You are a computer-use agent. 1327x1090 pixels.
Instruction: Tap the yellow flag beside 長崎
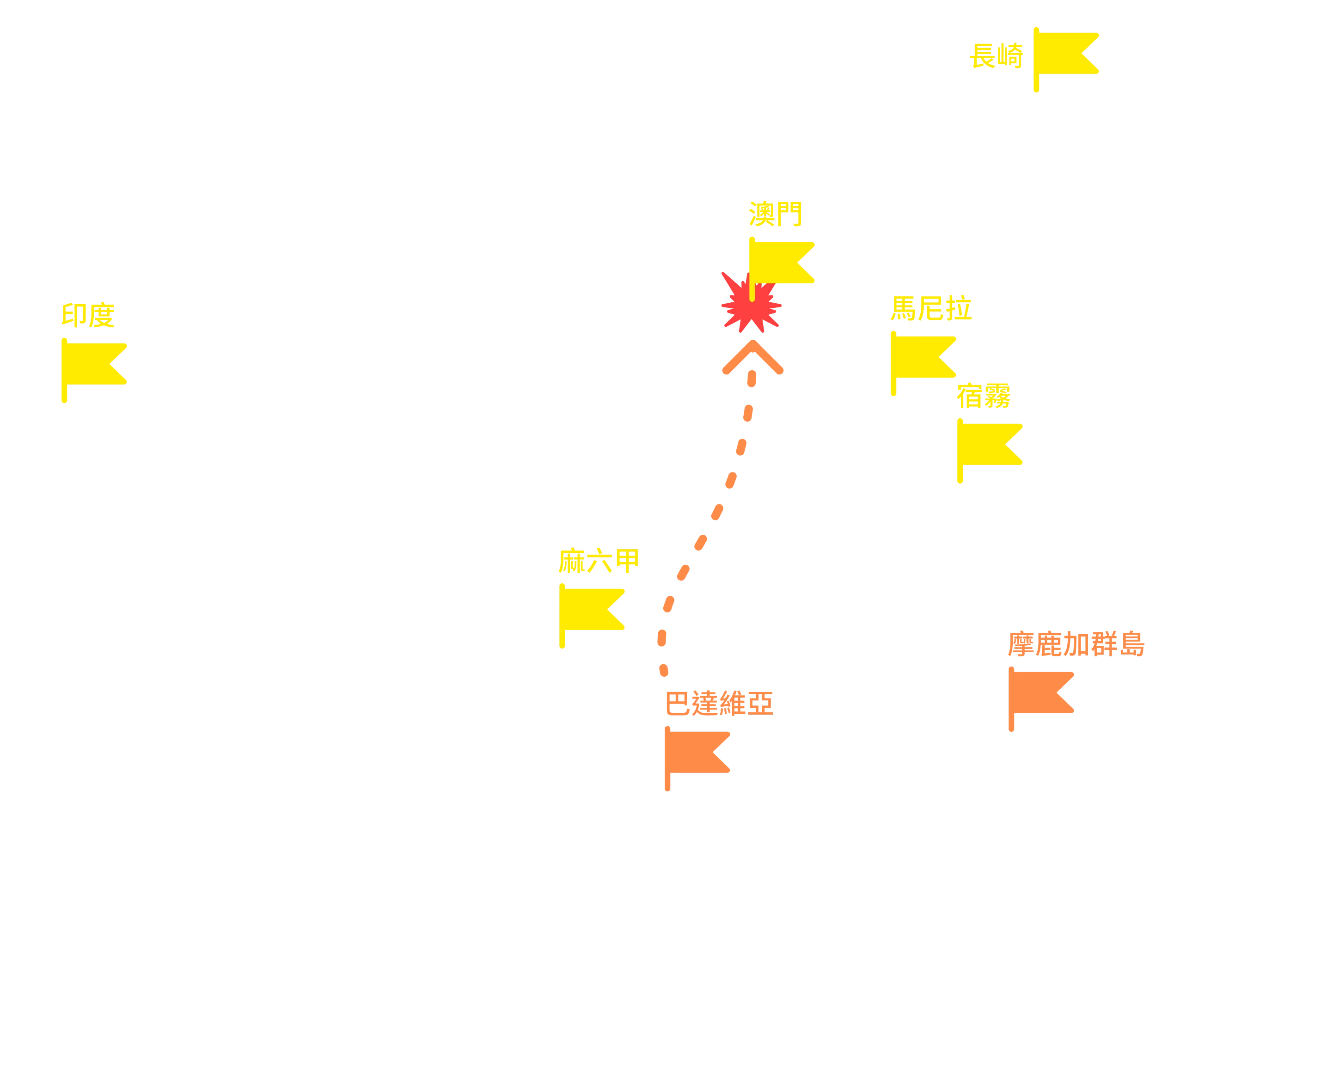tap(1065, 59)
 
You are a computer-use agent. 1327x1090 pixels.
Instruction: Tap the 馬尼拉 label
tap(931, 308)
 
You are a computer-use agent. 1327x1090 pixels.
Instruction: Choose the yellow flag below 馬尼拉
tap(923, 363)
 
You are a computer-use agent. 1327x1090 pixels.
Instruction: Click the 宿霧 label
tap(984, 396)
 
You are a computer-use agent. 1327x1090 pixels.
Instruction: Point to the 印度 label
tap(88, 315)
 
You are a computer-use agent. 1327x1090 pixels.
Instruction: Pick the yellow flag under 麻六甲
tap(591, 615)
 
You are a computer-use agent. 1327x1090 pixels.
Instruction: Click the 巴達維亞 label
tap(719, 703)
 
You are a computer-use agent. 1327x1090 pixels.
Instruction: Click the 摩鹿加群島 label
tap(1076, 644)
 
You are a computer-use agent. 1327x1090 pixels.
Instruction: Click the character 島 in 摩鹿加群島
tap(1132, 644)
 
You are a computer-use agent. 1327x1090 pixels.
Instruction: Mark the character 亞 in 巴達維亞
tap(760, 703)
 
